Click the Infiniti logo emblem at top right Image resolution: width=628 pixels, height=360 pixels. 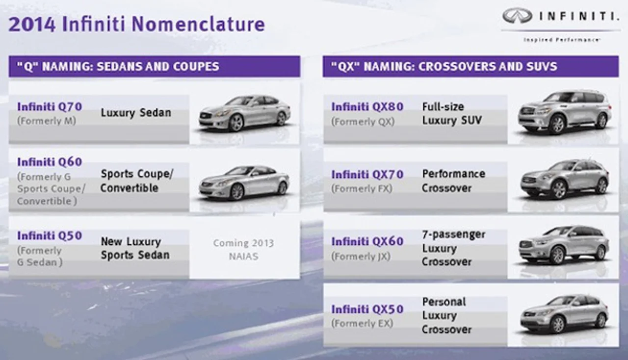click(517, 16)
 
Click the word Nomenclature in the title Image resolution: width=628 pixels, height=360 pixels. click(198, 24)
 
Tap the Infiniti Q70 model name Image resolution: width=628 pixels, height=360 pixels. click(50, 106)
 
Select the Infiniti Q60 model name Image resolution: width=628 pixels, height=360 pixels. click(50, 162)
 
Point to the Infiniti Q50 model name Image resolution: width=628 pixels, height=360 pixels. click(50, 235)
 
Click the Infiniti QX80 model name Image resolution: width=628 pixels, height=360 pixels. click(367, 106)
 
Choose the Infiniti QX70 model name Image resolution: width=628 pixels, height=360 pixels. click(367, 175)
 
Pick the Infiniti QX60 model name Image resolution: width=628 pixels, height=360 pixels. click(367, 241)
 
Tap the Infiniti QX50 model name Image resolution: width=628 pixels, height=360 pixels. click(367, 309)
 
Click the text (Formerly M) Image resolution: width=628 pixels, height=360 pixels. click(47, 121)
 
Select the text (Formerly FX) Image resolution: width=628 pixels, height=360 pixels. click(362, 188)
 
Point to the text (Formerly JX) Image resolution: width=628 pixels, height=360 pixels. click(361, 256)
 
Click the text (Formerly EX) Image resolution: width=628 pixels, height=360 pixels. click(362, 323)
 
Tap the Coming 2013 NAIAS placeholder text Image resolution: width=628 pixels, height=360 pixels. click(243, 250)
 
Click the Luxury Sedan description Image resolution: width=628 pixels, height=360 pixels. click(136, 113)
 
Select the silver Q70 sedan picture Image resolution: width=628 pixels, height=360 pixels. click(244, 114)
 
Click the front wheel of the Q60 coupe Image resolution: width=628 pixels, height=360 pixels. click(237, 192)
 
